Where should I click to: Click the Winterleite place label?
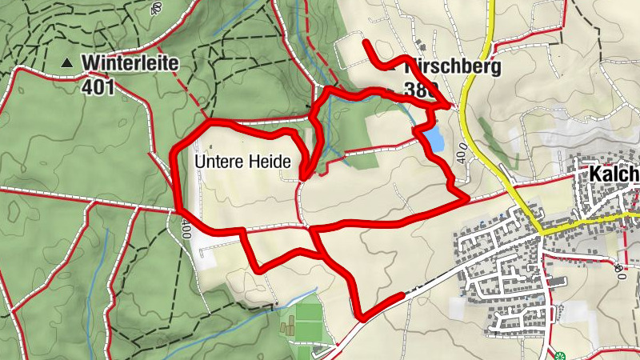point(129,62)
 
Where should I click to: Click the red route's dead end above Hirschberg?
point(366,41)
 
